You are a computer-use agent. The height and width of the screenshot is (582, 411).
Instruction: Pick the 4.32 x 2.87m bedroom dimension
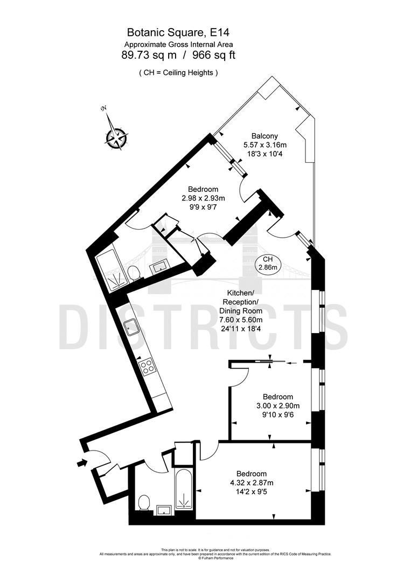(252, 482)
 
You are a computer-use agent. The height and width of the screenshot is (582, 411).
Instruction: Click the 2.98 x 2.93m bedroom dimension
(203, 198)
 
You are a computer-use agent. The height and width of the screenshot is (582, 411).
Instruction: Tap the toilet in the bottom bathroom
(143, 503)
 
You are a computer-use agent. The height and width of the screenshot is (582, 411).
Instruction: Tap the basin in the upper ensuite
(160, 266)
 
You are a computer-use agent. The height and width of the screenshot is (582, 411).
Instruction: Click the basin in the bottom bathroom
(162, 509)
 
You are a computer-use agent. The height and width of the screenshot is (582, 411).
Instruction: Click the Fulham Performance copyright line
(215, 558)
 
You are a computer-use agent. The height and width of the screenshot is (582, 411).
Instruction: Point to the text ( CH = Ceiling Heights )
(178, 72)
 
